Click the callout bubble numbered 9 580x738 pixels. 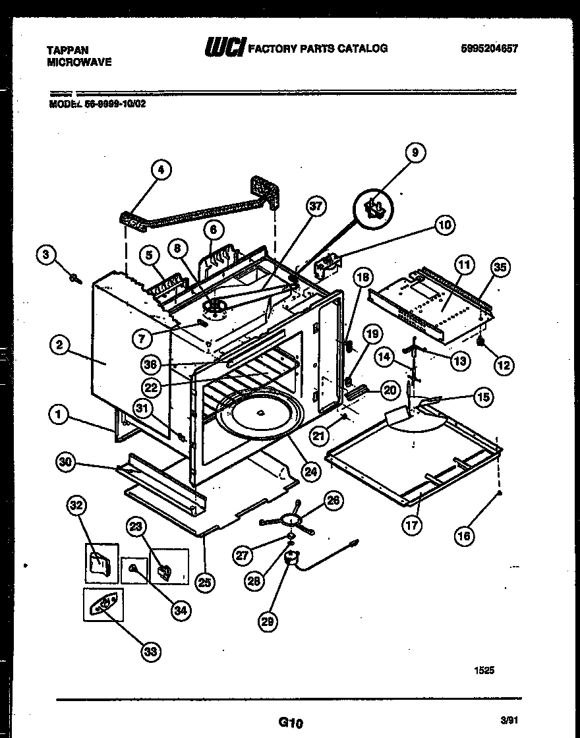coord(415,153)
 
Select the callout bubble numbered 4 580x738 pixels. coord(160,170)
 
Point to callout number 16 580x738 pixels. coord(464,536)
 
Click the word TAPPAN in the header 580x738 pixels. coord(67,49)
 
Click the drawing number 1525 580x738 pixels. coord(484,671)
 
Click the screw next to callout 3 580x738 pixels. coord(74,278)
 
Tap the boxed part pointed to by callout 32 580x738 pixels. coord(100,564)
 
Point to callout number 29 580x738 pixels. coord(268,620)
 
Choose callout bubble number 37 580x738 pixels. coord(316,206)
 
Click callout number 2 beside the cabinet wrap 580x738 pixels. coord(59,344)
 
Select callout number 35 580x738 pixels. coord(501,268)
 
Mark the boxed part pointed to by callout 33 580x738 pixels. coord(103,605)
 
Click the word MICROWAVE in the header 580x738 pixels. coord(79,62)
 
